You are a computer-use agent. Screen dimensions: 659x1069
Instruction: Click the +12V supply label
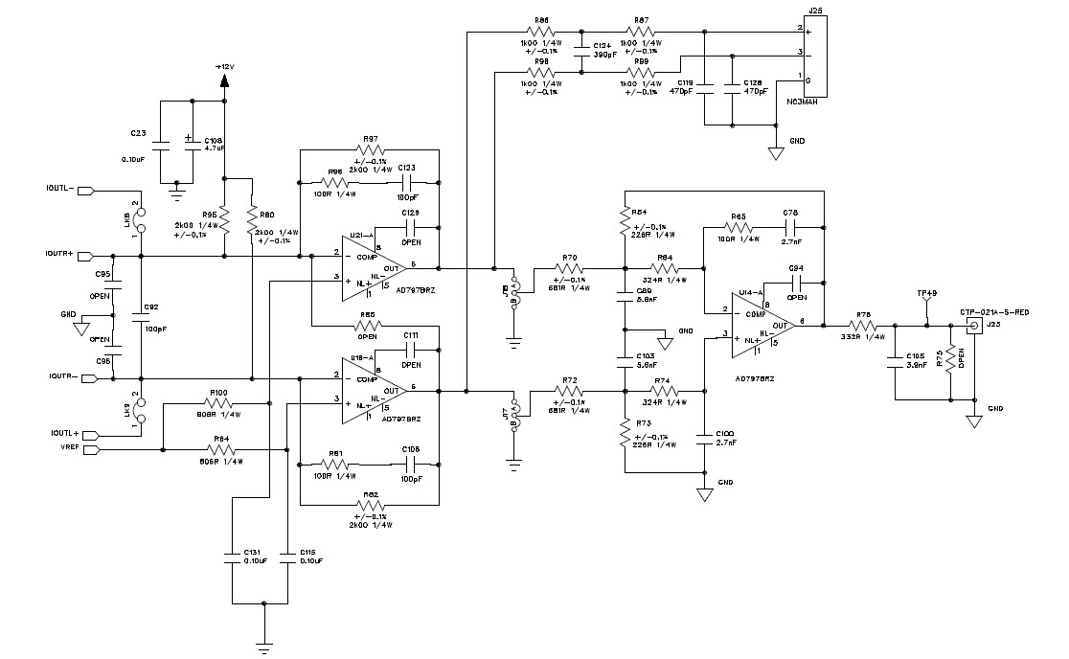[223, 67]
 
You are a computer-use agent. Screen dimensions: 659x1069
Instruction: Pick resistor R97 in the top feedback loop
[370, 149]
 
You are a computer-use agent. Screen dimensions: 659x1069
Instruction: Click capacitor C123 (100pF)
[404, 181]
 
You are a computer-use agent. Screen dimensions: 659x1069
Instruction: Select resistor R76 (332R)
[864, 326]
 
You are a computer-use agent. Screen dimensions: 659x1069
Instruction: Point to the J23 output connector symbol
[974, 327]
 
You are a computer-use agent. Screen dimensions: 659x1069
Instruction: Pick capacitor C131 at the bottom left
[233, 559]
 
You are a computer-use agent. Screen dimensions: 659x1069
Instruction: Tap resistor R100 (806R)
[218, 405]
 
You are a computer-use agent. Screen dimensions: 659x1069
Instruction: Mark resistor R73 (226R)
[625, 436]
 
